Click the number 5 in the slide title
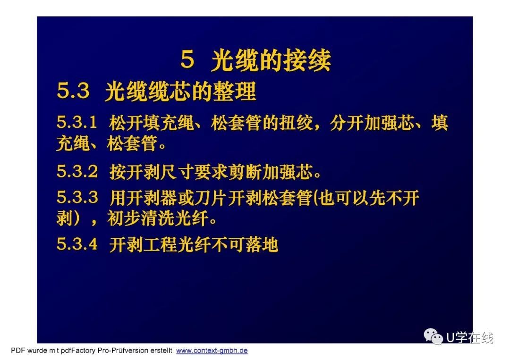(x=187, y=59)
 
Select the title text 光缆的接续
(x=271, y=60)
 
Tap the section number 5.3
(x=73, y=91)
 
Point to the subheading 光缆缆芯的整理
(x=180, y=92)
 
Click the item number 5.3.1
(x=77, y=123)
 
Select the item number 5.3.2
(x=77, y=171)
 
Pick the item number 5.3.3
(x=77, y=198)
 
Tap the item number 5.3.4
(x=77, y=244)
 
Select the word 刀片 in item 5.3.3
(x=211, y=198)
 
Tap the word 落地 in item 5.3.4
(x=262, y=244)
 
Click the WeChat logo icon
(x=433, y=336)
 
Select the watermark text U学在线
(x=470, y=337)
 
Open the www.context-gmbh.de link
(x=212, y=351)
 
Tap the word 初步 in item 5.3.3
(x=124, y=218)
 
